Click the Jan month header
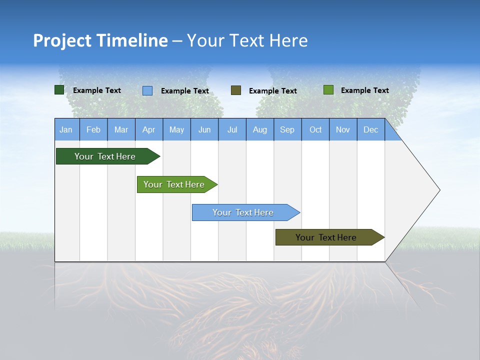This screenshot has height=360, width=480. [66, 130]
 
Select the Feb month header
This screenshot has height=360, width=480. [93, 130]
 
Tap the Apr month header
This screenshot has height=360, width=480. [149, 130]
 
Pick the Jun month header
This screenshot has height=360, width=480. [204, 130]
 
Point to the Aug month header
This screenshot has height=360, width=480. [260, 130]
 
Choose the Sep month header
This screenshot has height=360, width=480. [287, 130]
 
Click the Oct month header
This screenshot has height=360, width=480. [315, 130]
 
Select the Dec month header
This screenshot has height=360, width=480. [371, 130]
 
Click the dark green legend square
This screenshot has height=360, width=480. [59, 90]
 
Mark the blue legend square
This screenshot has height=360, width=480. [147, 90]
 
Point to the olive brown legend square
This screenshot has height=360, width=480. [236, 90]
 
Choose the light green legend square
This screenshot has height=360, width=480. [328, 90]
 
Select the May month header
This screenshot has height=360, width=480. [176, 130]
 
